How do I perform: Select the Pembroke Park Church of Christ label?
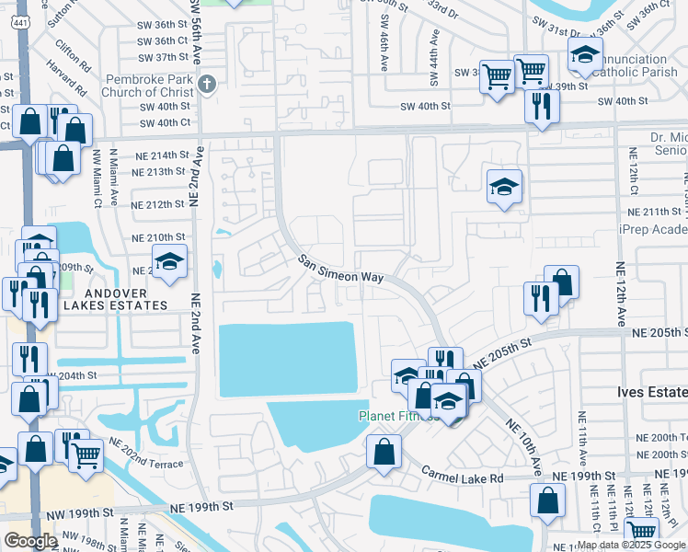coord(150,85)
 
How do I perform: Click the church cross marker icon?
coord(206,85)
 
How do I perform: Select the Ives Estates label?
coord(651,392)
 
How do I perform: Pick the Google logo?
coord(30,540)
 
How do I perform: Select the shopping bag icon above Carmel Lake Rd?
coord(384,452)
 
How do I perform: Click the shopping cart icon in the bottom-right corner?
coord(641,531)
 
